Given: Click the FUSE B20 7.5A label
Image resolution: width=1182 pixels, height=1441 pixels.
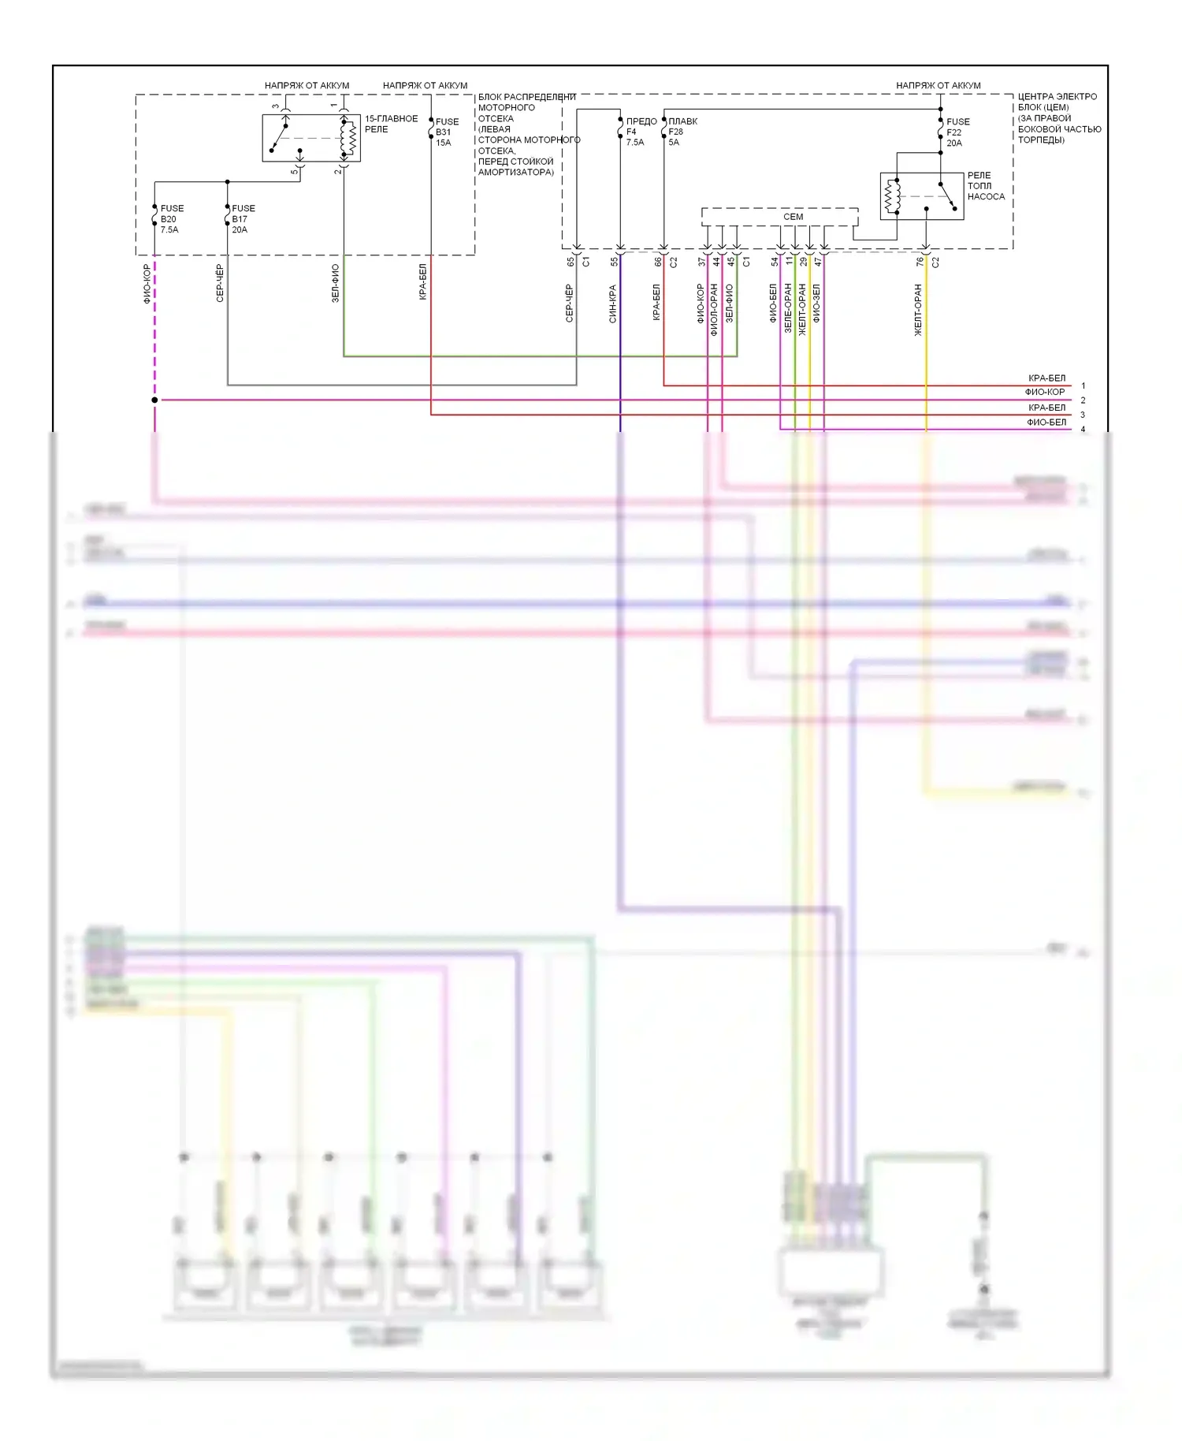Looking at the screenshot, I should click(x=171, y=219).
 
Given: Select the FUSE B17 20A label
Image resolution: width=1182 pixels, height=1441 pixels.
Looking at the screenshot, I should click(x=243, y=219).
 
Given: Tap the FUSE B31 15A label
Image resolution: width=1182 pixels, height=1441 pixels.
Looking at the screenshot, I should click(x=446, y=132).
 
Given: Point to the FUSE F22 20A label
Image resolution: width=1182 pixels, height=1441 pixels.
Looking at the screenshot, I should click(x=957, y=132).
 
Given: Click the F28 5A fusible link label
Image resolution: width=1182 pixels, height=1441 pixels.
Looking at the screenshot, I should click(x=682, y=132).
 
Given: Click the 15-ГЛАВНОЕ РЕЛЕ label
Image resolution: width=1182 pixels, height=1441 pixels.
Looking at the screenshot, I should click(x=390, y=124).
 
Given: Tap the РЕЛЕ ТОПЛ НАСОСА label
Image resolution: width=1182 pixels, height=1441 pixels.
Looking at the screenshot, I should click(x=985, y=186).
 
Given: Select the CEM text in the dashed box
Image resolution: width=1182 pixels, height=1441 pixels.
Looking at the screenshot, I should click(x=793, y=217).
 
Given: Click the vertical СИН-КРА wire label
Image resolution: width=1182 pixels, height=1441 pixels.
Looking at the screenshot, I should click(x=612, y=303).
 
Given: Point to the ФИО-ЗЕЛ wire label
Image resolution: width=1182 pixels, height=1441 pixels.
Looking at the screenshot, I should click(x=816, y=303).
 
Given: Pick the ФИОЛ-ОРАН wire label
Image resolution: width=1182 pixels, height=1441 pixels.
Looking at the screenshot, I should click(x=714, y=310).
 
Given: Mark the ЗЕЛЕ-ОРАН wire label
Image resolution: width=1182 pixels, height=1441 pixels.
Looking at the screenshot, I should click(x=788, y=308).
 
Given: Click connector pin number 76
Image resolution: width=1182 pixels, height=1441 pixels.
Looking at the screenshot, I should click(x=919, y=262).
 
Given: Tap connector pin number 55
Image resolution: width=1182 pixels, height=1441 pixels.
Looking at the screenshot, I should click(x=614, y=262).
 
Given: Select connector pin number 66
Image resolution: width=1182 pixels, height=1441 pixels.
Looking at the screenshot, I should click(x=657, y=262).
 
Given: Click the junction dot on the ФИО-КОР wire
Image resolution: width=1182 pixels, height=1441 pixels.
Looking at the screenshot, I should click(x=154, y=400).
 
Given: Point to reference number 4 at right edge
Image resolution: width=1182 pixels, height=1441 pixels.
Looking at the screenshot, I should click(x=1083, y=430).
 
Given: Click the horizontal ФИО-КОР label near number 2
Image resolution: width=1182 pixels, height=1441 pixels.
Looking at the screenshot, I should click(x=1044, y=393).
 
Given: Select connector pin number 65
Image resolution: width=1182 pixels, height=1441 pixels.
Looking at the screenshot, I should click(x=571, y=262).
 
